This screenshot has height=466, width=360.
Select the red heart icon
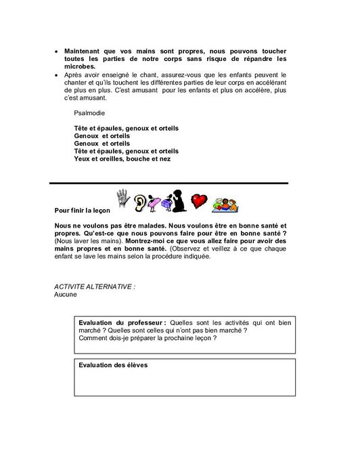[198, 201]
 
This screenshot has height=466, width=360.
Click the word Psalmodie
[90, 113]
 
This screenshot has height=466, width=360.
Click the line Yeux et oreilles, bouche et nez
[122, 159]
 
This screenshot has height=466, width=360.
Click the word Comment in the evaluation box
[93, 338]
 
